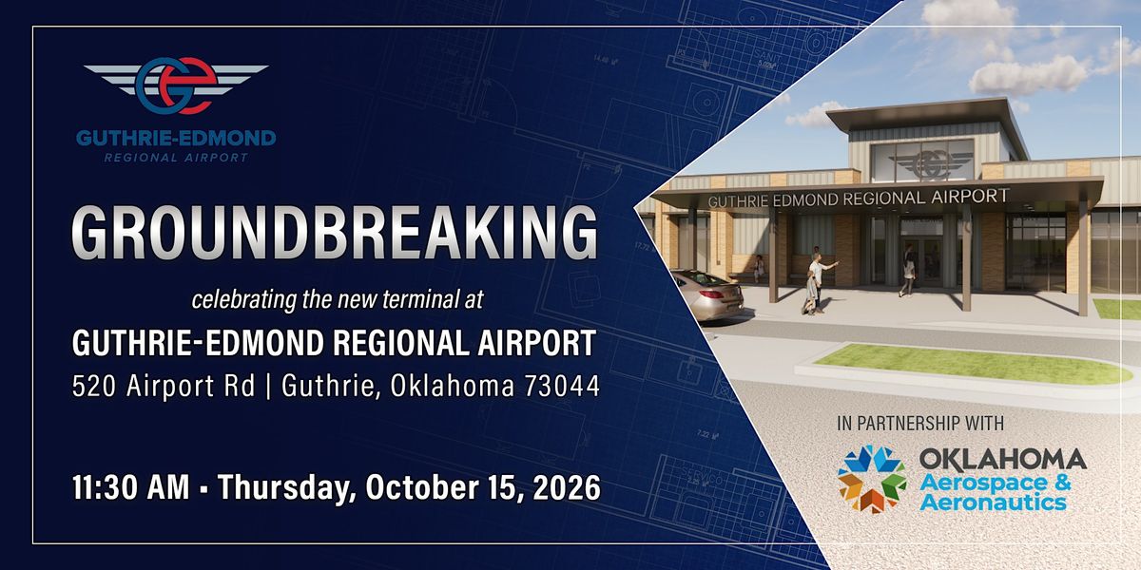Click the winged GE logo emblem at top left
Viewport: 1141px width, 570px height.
pos(176,85)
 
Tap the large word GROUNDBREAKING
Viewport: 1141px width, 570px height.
pos(335,233)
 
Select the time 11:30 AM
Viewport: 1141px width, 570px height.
pos(131,487)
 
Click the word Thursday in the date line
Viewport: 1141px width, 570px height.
pos(287,488)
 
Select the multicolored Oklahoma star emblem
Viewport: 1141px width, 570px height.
pos(872,480)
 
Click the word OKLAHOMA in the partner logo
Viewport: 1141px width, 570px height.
pos(1002,459)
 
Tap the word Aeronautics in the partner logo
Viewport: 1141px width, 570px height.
pos(993,503)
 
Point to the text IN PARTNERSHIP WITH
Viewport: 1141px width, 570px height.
pos(920,424)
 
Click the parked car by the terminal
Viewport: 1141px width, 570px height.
pos(706,295)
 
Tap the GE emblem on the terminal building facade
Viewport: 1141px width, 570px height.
pos(931,162)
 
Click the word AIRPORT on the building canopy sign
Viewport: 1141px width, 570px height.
pos(970,196)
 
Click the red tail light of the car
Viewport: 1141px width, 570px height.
pos(712,294)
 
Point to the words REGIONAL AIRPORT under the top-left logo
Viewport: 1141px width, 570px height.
pos(176,158)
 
